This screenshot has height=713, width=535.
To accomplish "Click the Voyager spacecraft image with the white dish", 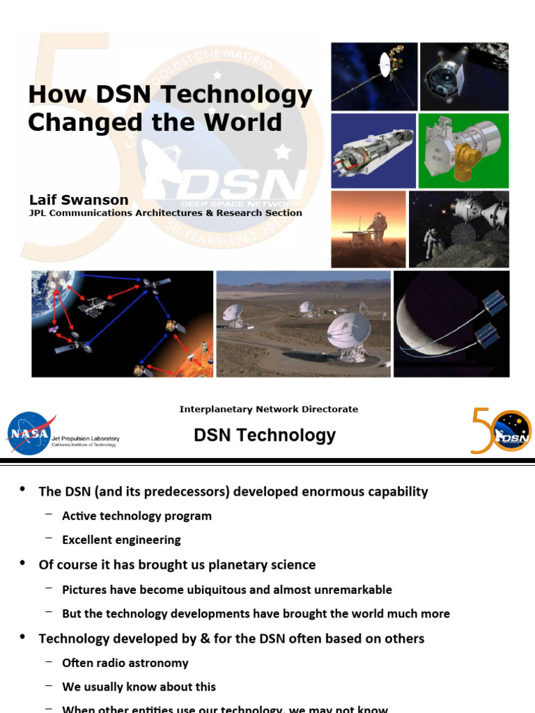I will pos(374,76).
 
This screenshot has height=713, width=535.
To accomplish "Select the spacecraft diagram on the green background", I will pos(463,150).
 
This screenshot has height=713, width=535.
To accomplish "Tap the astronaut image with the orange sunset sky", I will pos(368,229).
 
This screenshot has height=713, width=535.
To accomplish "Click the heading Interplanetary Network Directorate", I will pos(268,409).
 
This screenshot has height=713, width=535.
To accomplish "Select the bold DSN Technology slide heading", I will pos(265,435).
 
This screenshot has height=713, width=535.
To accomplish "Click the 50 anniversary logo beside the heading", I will pos(500,431).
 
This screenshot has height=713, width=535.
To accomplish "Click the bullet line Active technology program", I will pos(137,516).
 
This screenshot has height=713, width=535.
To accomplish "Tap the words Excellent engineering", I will pos(121,540).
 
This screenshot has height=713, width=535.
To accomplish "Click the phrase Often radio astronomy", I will pos(125,663).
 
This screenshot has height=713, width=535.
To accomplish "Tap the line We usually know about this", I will pos(139,687).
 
